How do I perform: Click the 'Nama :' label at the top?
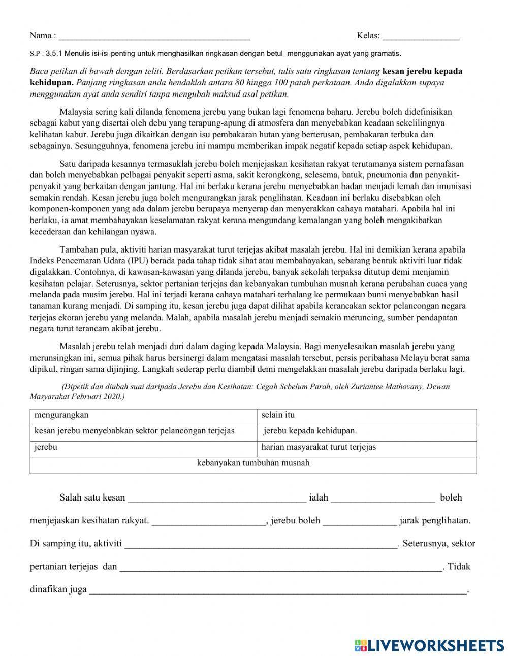pyautogui.click(x=43, y=35)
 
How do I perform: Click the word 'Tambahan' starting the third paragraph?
pyautogui.click(x=77, y=250)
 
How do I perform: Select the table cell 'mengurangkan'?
pyautogui.click(x=61, y=415)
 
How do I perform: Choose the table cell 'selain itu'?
pyautogui.click(x=278, y=415)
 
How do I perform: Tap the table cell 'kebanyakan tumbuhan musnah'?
pyautogui.click(x=253, y=463)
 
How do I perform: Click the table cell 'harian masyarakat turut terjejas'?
pyautogui.click(x=319, y=447)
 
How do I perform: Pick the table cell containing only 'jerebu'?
pyautogui.click(x=46, y=447)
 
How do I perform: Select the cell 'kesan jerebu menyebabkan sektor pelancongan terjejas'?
pyautogui.click(x=134, y=431)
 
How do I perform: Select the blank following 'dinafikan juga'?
pyautogui.click(x=278, y=590)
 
